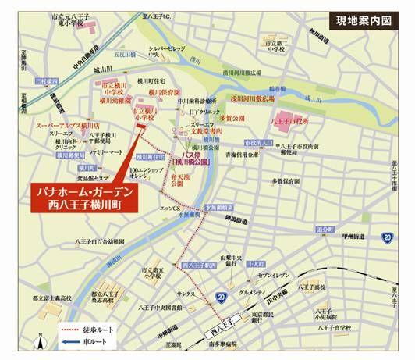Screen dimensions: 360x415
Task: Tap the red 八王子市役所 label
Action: point(290,122)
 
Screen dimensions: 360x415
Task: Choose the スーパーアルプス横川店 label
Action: point(69,125)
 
